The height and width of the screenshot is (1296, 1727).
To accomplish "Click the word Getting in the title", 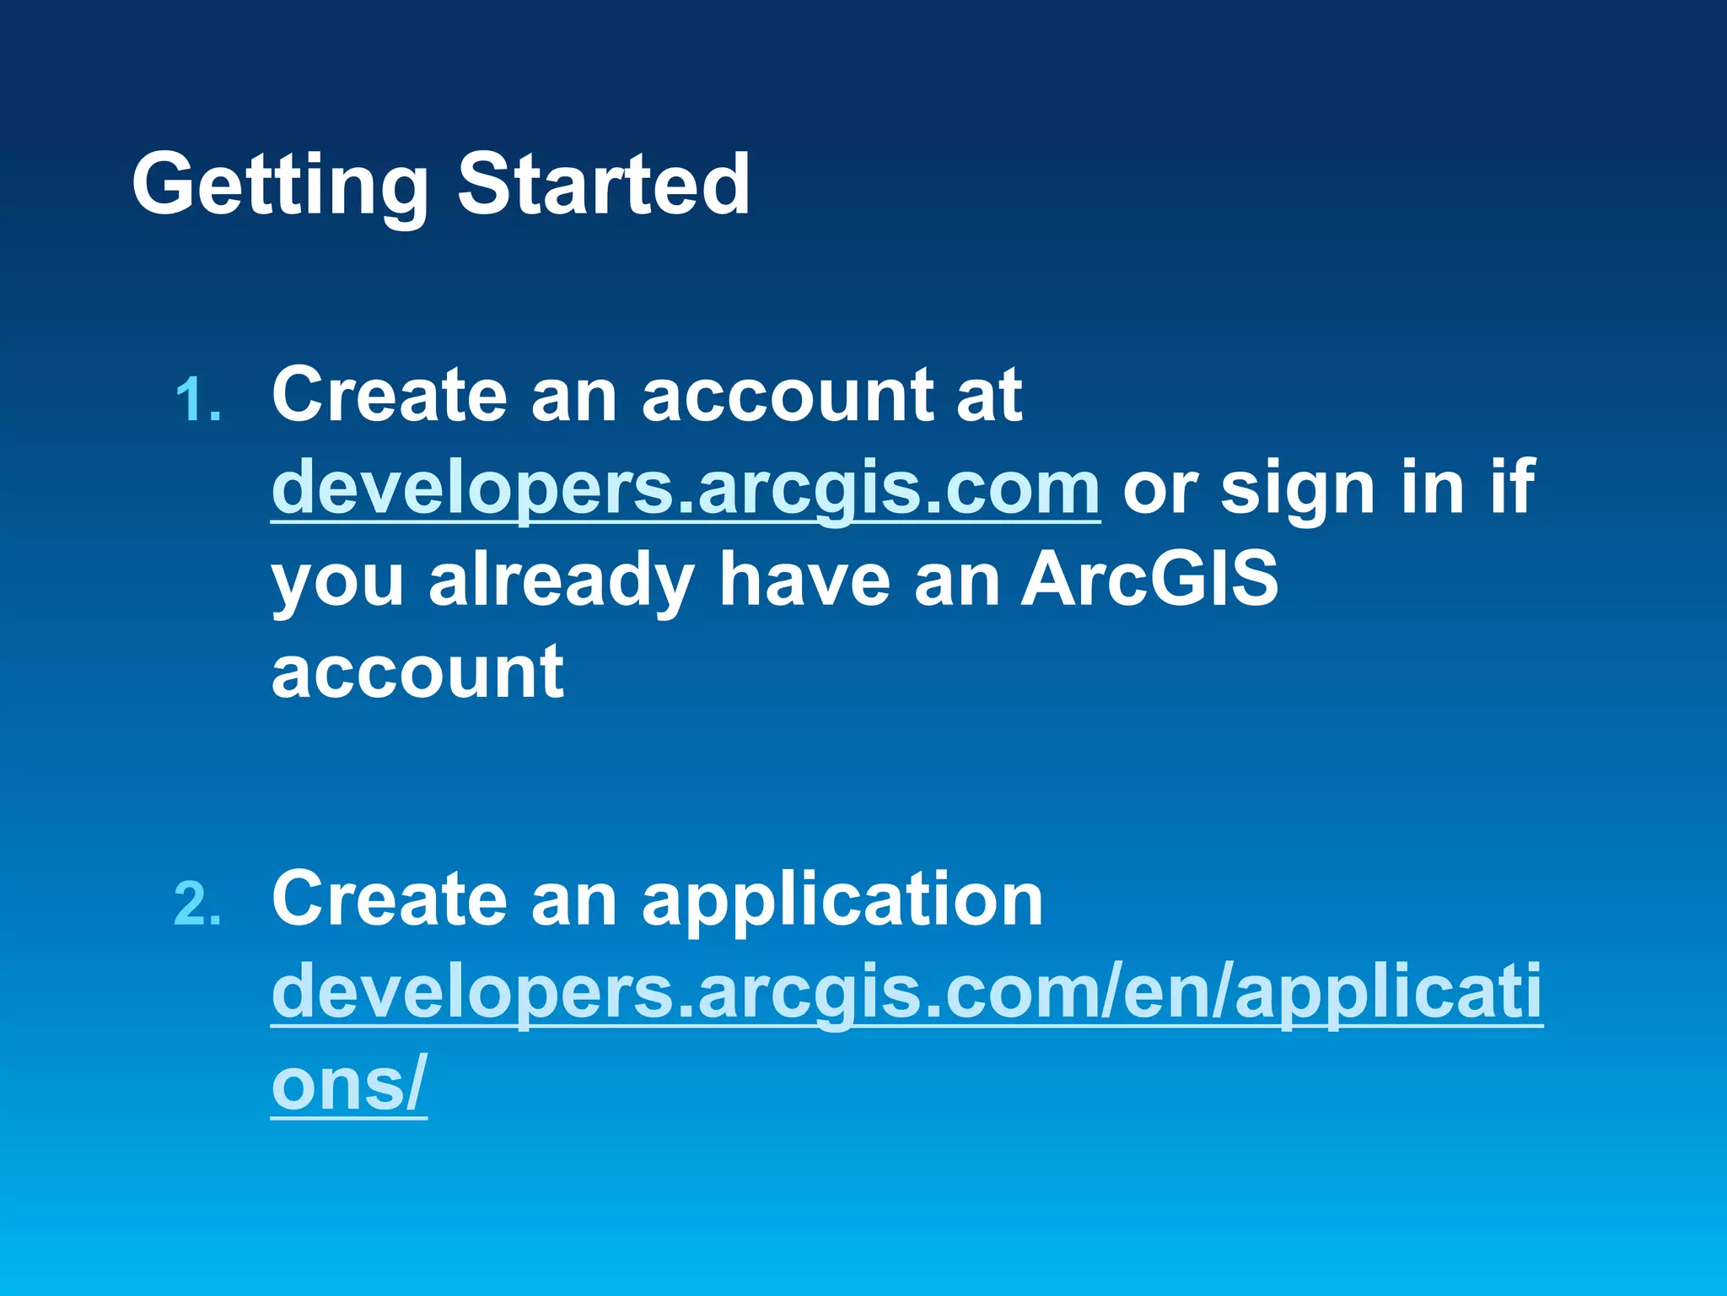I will coord(280,184).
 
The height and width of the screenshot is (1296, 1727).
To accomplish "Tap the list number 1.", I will coord(198,399).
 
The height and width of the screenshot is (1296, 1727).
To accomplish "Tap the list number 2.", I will coord(198,904).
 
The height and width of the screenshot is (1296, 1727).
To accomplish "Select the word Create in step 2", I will coord(390,899).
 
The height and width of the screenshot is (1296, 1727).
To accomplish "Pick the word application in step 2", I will coord(842,901).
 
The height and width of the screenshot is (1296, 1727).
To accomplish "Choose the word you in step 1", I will coord(338,582).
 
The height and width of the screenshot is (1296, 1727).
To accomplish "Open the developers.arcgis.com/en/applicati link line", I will coord(907,992).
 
